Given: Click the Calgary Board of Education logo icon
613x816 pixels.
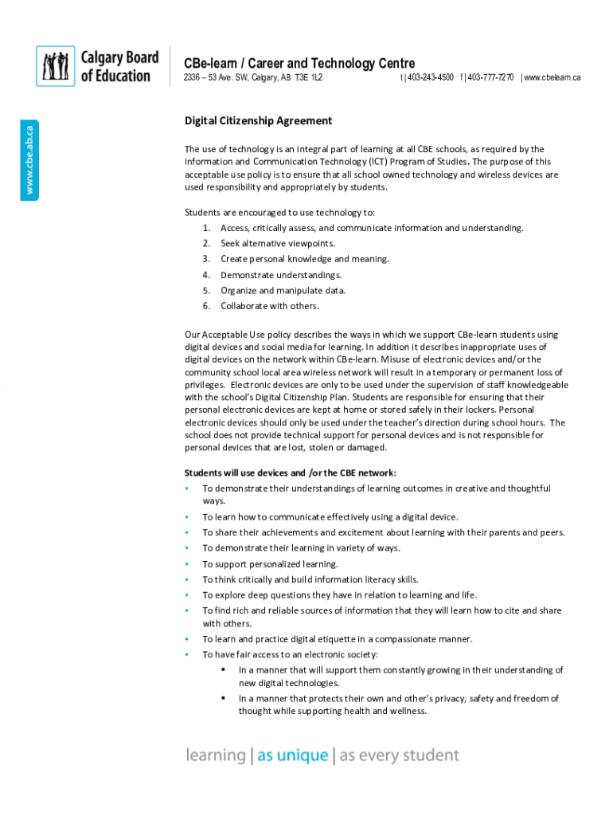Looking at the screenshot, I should tap(56, 66).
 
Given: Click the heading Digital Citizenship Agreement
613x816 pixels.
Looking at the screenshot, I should tap(258, 121).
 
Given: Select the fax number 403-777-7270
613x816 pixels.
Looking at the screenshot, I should tap(490, 77).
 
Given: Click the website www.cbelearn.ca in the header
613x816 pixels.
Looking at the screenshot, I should tap(552, 77).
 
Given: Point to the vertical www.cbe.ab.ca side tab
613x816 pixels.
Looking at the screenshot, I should tap(29, 158).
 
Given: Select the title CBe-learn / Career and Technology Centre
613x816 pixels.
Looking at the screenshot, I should tap(299, 63).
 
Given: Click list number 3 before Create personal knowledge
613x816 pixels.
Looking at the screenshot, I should tap(205, 259).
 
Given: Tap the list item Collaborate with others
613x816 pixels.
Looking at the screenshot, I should tap(269, 306).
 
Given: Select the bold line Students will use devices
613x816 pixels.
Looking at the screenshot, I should tap(290, 473).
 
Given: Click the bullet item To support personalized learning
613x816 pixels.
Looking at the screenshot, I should tap(270, 563).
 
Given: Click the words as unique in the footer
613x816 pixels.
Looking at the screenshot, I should tap(292, 755).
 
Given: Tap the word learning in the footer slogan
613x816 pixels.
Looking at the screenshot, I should tap(215, 755).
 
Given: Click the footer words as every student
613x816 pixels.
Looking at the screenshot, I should tap(399, 755).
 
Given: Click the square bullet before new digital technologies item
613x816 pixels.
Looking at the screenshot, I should tap(224, 670).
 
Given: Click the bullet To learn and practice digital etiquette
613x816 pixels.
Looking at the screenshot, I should tap(337, 639).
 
